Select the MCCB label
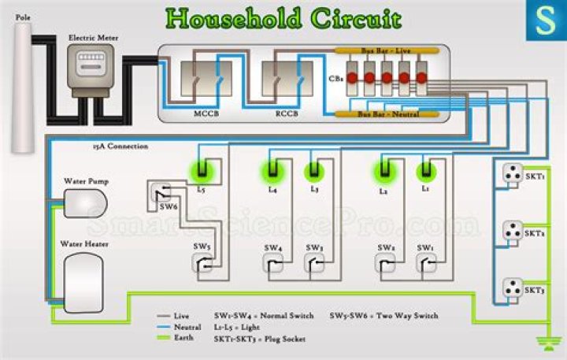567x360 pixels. click(206, 115)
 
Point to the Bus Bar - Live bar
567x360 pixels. click(386, 50)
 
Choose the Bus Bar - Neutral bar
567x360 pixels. click(386, 114)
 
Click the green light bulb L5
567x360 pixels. click(202, 169)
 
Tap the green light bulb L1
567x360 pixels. click(426, 169)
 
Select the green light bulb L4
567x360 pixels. click(272, 169)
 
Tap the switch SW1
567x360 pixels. click(426, 265)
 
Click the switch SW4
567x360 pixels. click(272, 265)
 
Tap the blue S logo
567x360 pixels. click(545, 20)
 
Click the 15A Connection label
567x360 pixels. click(120, 147)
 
